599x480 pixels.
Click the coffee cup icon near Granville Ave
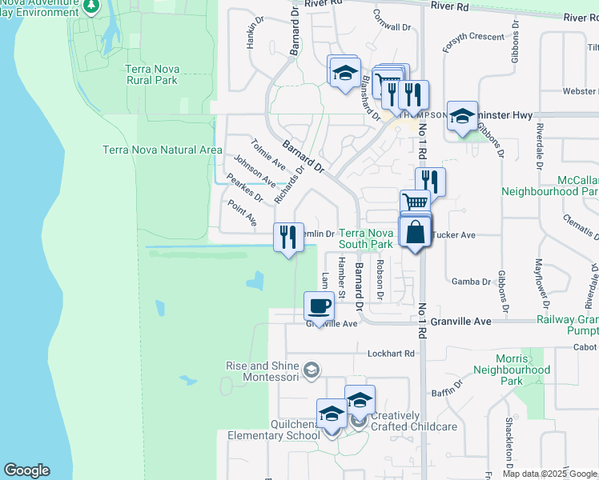click(320, 306)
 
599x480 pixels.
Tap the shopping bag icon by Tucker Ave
click(416, 233)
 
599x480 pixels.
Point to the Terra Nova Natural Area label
click(163, 150)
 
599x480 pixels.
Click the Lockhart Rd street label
click(392, 353)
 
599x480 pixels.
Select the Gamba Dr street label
click(471, 282)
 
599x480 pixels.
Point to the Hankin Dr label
click(251, 33)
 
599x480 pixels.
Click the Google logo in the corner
click(26, 470)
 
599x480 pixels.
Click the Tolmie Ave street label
click(267, 154)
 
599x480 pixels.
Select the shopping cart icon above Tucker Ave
click(415, 203)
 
